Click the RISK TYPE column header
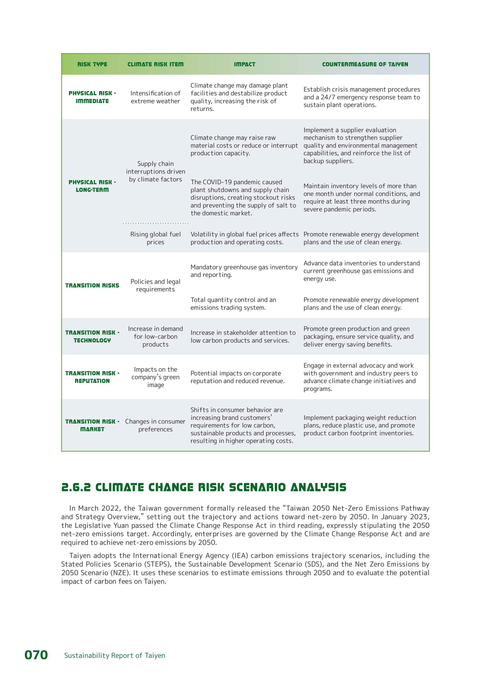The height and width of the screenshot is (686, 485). point(92,64)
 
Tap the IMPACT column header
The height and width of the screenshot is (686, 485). point(244,64)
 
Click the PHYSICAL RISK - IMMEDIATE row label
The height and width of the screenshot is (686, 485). point(92,97)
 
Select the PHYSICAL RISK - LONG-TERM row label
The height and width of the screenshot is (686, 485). point(92,186)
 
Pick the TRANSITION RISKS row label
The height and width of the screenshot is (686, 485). point(92,285)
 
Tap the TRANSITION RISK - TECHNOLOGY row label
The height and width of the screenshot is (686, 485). point(92,336)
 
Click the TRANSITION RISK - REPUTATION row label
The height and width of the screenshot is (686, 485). point(92,377)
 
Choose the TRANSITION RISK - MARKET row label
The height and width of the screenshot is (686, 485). point(92,425)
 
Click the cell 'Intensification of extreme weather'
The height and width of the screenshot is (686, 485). point(155,97)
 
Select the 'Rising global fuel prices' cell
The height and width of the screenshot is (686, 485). point(155,238)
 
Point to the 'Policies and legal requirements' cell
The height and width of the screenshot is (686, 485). point(155,285)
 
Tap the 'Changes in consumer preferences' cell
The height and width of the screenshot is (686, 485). point(155,425)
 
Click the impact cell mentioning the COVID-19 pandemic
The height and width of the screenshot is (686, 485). point(243,198)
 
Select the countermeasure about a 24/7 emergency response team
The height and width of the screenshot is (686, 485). point(361,97)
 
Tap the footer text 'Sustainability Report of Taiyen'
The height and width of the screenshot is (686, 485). point(115,655)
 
